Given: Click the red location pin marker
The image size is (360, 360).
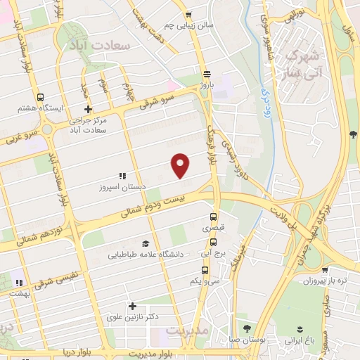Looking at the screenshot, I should pyautogui.click(x=181, y=165).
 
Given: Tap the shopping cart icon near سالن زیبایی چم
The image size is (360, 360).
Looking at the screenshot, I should pyautogui.click(x=187, y=13).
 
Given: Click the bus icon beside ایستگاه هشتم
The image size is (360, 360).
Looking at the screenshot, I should pyautogui.click(x=40, y=98).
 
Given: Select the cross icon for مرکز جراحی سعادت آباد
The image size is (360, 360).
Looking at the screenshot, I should pyautogui.click(x=87, y=109).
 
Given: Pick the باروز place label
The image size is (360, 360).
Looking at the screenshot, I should pyautogui.click(x=205, y=84).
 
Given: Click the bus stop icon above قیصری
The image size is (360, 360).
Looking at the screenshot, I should pyautogui.click(x=213, y=217).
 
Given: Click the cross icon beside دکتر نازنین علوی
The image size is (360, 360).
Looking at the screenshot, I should pyautogui.click(x=132, y=306).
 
